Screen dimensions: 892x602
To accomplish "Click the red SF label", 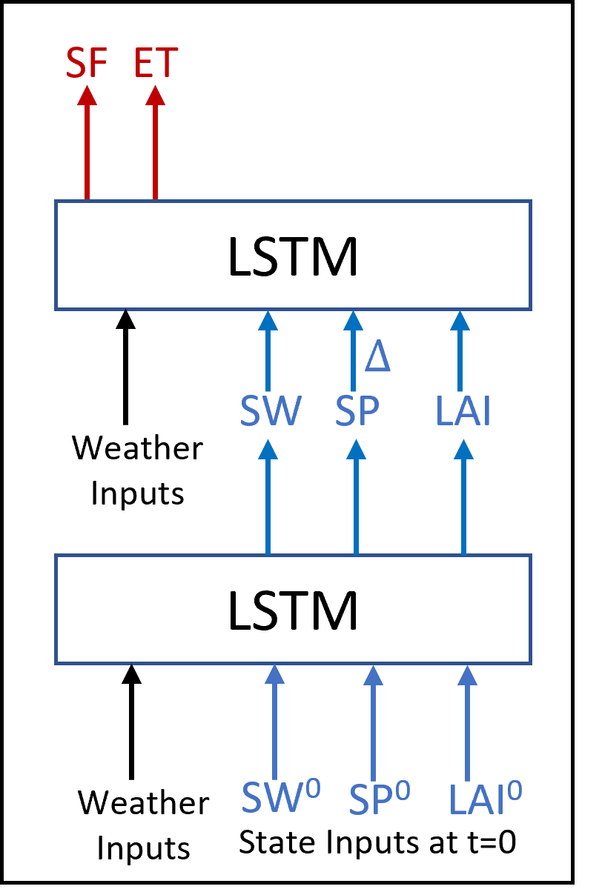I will click(x=87, y=64).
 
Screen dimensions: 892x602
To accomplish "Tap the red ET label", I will click(x=156, y=64).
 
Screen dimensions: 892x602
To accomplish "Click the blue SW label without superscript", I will click(x=270, y=412).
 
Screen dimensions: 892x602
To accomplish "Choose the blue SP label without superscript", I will click(x=357, y=412).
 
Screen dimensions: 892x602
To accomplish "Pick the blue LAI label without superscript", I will click(x=463, y=412).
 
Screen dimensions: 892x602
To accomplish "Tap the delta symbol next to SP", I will click(x=377, y=357).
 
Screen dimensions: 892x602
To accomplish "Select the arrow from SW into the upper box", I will click(x=268, y=351).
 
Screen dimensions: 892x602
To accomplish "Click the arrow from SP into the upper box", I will click(x=353, y=351).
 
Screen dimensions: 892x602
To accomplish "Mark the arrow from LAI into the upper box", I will click(x=460, y=351).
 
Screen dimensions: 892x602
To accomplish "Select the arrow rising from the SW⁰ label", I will click(x=274, y=722).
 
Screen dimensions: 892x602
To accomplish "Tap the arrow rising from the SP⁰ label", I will click(x=373, y=722).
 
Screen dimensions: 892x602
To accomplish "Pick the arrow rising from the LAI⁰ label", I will click(x=467, y=722).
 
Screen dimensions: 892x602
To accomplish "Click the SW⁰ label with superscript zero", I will click(x=280, y=797).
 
